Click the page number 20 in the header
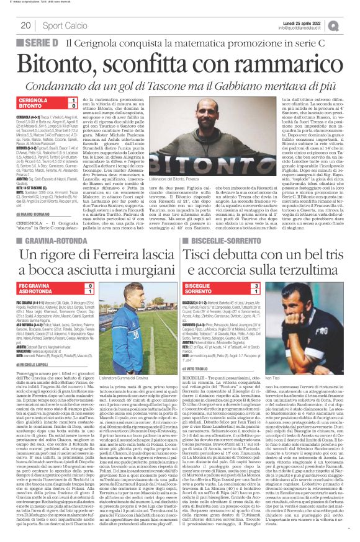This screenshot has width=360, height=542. (x=25, y=25)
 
